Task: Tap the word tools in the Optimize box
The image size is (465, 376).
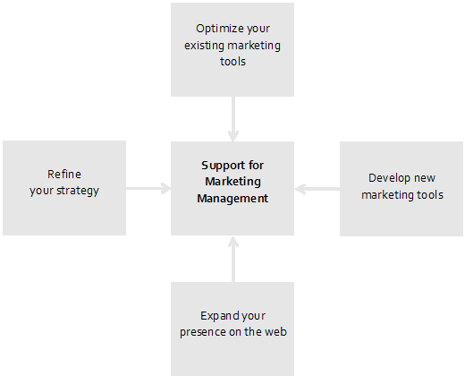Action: coord(232,62)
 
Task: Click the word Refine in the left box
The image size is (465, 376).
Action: coord(64,175)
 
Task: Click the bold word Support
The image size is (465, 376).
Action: coord(220,166)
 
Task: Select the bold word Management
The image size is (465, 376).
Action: coord(232,199)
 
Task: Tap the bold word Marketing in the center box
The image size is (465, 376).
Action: coord(232,182)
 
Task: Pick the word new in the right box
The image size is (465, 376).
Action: coord(425,178)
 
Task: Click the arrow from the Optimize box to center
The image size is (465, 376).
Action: coord(233,119)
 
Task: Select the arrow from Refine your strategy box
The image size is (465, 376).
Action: coord(148,188)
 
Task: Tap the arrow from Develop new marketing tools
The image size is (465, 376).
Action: coord(317,189)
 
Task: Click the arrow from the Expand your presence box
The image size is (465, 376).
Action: coord(233,260)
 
